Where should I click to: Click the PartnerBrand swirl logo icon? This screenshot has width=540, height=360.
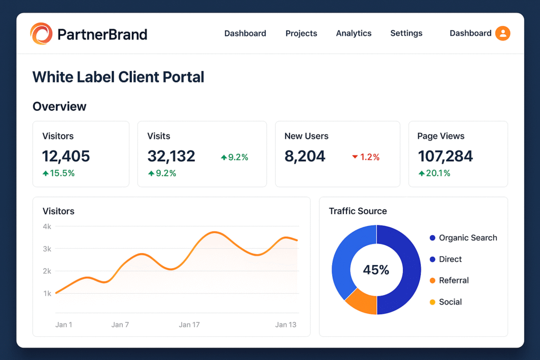(x=41, y=34)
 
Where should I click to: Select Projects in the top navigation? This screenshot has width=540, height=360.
(x=301, y=33)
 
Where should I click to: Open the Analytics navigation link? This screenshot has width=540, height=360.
(x=353, y=33)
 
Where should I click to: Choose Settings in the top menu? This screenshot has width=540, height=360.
(x=406, y=33)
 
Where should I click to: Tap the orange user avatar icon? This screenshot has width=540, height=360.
(x=503, y=33)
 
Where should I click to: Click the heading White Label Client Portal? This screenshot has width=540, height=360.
(x=118, y=77)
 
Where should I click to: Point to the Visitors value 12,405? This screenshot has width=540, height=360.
(x=66, y=156)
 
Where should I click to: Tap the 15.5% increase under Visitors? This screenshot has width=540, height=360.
(x=59, y=173)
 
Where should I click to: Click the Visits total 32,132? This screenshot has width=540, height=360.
(x=171, y=156)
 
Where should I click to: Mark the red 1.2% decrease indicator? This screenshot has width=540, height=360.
(x=365, y=157)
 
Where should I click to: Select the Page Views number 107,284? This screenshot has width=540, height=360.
(x=445, y=156)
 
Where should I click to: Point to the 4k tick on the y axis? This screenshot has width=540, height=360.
(x=47, y=227)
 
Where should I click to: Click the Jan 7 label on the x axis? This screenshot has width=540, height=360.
(x=120, y=325)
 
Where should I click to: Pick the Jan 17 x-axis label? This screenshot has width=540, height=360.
(x=189, y=325)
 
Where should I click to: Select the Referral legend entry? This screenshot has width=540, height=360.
(x=454, y=280)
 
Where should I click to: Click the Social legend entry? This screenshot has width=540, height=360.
(x=450, y=302)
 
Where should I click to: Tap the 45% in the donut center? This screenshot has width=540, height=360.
(x=376, y=270)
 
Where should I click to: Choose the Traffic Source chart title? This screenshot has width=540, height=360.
(x=358, y=211)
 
